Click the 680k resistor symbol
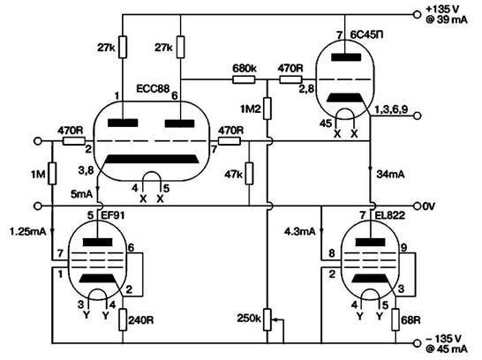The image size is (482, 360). point(244,80)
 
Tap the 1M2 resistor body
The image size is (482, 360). point(267,109)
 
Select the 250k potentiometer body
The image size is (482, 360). point(267,319)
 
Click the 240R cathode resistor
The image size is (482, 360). point(123,319)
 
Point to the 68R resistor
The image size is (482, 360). point(395,319)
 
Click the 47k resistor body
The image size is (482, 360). point(249,174)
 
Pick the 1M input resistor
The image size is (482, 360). point(52,174)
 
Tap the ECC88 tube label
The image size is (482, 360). point(153,88)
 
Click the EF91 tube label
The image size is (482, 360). point(113,215)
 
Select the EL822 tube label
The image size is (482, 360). point(390,215)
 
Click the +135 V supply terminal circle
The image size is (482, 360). point(417,14)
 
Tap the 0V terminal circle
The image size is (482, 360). point(417,206)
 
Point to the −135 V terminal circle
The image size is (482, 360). point(417,343)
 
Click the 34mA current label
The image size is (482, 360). point(390,175)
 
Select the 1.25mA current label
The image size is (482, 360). point(27,231)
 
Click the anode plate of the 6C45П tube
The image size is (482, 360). point(346,57)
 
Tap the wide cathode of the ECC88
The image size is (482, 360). point(152,159)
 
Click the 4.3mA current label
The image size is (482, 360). point(300,231)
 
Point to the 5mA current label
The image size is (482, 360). point(81,194)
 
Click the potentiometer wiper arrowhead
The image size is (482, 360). point(275,319)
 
